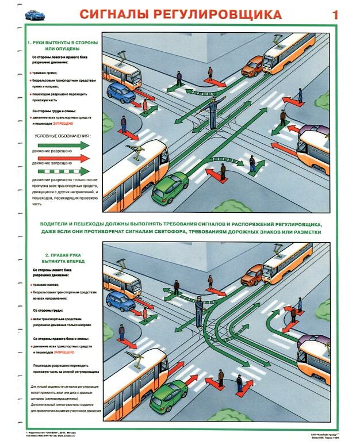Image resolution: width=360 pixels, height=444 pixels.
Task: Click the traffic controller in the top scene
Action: (213, 113)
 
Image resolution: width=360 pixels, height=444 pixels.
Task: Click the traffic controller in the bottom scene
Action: (199, 311)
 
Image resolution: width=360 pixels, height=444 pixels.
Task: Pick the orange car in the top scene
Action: (252, 68)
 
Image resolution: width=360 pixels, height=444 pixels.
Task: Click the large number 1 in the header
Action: (335, 14)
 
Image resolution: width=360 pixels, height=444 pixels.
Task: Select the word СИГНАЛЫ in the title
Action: (114, 14)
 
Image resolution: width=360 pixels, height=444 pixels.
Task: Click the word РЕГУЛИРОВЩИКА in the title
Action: (217, 14)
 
